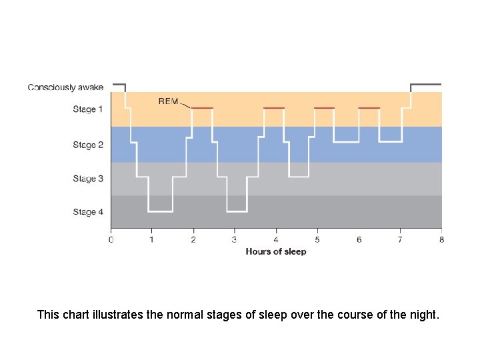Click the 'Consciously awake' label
tap(65, 87)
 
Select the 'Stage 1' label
tap(87, 109)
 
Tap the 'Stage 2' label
tap(87, 145)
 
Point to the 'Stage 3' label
tap(87, 179)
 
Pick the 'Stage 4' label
tap(87, 212)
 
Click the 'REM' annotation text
tap(168, 101)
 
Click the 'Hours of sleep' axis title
tap(276, 251)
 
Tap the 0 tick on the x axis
tap(111, 239)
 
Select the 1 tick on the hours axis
tap(152, 239)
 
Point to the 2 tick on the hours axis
tap(193, 239)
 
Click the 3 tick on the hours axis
tap(235, 239)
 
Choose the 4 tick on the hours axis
tap(276, 239)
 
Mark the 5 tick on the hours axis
tap(317, 239)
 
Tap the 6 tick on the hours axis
tap(359, 239)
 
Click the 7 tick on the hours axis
tap(400, 239)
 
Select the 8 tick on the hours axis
tap(441, 239)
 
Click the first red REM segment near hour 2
tap(202, 107)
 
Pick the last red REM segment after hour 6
tap(369, 107)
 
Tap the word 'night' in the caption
tap(423, 314)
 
